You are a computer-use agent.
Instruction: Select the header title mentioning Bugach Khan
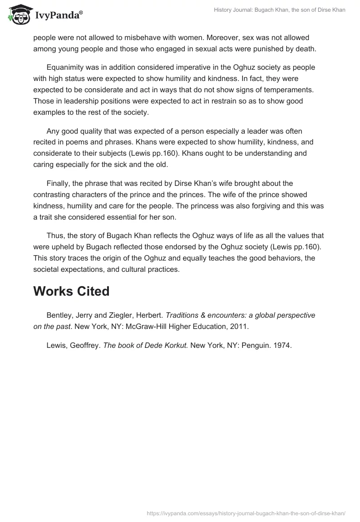click(x=279, y=10)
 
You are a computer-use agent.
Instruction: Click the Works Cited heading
click(x=71, y=291)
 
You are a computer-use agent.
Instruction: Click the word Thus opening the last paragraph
click(x=55, y=235)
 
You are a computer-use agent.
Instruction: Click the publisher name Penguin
click(x=254, y=346)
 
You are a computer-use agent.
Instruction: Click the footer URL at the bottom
click(x=247, y=513)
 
